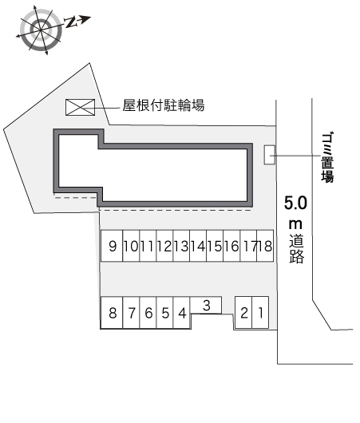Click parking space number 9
(112, 246)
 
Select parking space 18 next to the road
(265, 246)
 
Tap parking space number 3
(206, 305)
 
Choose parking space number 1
(260, 312)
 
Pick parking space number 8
(112, 313)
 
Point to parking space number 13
(181, 246)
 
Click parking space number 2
(243, 312)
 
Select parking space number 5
(164, 313)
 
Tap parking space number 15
(215, 246)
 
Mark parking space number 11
(148, 246)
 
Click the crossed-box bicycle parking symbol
(80, 108)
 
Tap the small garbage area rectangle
(270, 155)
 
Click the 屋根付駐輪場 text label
(164, 105)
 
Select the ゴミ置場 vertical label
(327, 157)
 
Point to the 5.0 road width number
(295, 203)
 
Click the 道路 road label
(297, 249)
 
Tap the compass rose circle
(41, 29)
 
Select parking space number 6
(148, 313)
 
